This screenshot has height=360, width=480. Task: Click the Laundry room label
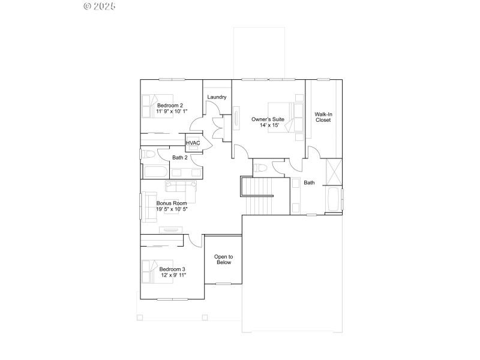(217, 97)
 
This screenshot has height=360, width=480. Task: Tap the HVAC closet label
(193, 143)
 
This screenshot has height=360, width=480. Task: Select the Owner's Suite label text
(268, 119)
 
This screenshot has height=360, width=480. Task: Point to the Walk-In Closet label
(323, 116)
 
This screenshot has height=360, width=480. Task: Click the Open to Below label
(223, 259)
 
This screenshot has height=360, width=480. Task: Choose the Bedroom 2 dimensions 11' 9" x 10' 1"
(172, 112)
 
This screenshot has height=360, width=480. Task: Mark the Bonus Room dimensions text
(172, 209)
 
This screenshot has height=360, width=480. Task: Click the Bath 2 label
(180, 158)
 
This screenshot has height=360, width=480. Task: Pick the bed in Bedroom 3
(155, 271)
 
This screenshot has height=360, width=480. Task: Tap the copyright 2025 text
(99, 7)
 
